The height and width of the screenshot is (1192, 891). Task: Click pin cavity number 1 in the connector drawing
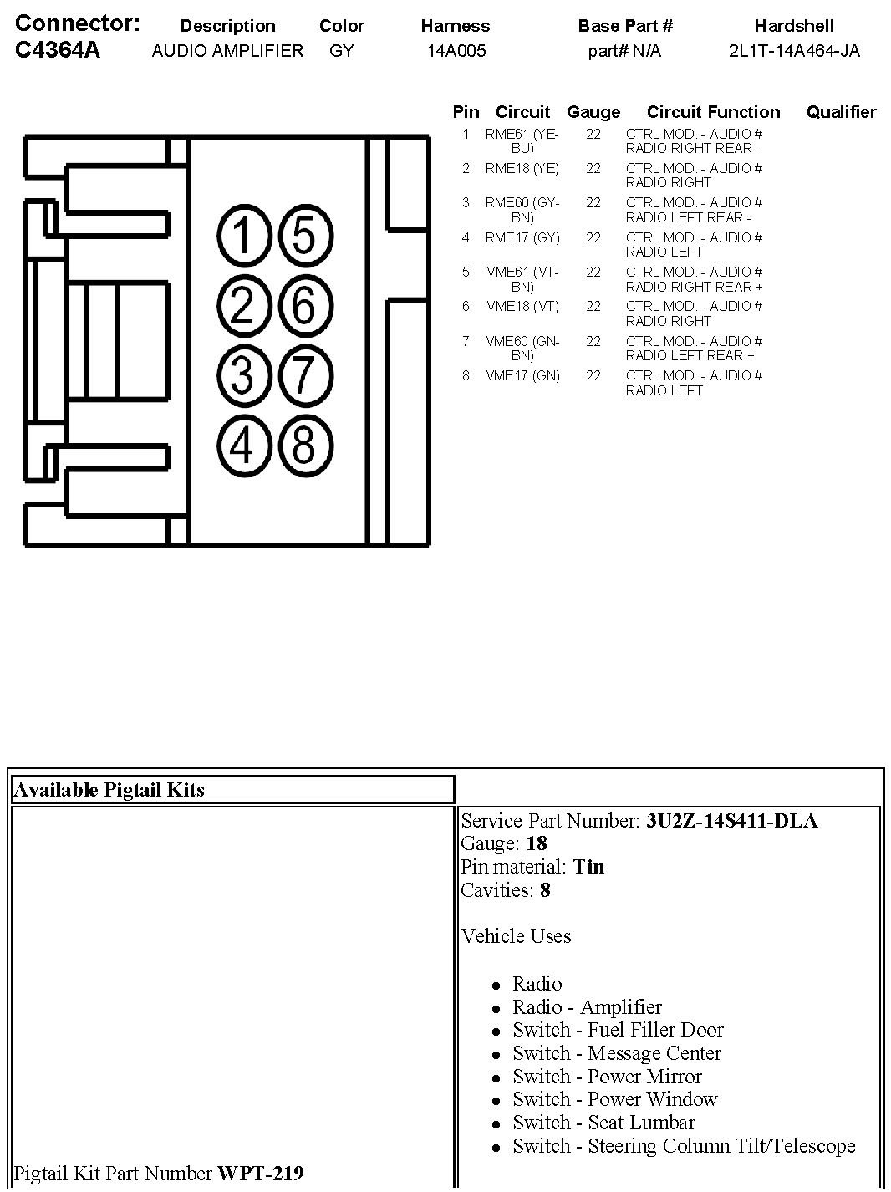click(242, 235)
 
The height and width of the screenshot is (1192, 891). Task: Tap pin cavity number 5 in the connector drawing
click(304, 235)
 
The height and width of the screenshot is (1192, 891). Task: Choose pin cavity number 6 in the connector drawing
click(304, 304)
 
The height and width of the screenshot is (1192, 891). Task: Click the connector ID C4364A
click(58, 50)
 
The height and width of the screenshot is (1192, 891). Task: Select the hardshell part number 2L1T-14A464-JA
click(793, 51)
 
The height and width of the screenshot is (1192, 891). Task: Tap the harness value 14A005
click(456, 51)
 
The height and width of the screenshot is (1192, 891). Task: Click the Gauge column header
click(593, 112)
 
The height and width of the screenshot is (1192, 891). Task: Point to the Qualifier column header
click(841, 112)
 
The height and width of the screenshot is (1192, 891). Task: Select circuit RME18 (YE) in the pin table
click(522, 168)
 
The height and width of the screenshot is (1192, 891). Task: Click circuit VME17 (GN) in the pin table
click(522, 375)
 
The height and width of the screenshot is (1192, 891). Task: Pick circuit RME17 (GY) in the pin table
click(522, 237)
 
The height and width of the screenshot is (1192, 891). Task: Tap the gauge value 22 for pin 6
click(593, 306)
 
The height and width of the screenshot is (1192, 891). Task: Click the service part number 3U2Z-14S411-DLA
click(731, 821)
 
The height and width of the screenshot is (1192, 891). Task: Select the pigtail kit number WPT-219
click(260, 1174)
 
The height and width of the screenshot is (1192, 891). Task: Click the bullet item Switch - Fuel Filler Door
click(618, 1030)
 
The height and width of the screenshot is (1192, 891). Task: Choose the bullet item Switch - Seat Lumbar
click(603, 1123)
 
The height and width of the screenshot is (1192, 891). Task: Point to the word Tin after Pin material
click(588, 867)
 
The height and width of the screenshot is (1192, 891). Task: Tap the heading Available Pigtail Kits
click(109, 790)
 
